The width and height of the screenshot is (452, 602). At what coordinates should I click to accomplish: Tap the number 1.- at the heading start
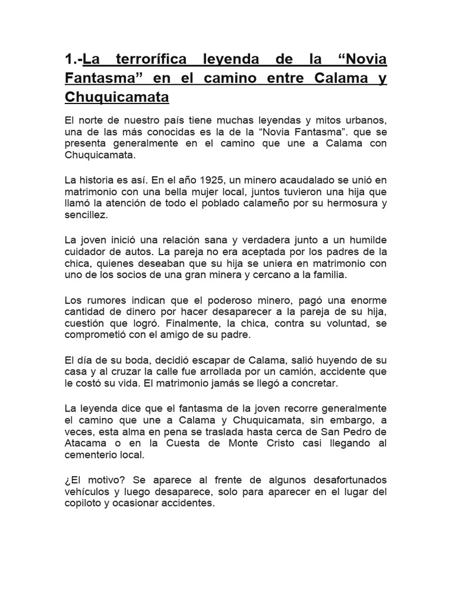pyautogui.click(x=73, y=59)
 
